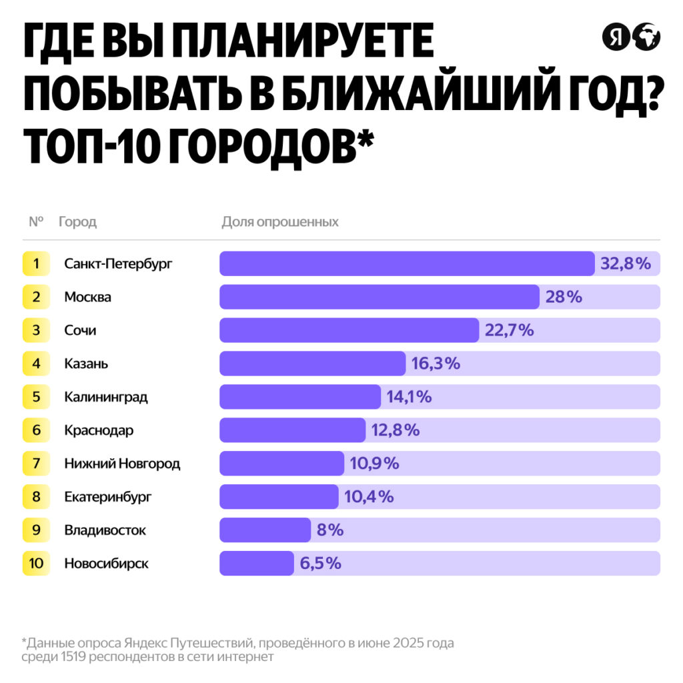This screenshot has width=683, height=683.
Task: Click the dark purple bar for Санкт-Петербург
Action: [x=407, y=263]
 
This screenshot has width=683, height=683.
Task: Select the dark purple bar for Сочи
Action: [x=349, y=330]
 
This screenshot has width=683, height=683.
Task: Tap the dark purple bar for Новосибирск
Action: [x=257, y=564]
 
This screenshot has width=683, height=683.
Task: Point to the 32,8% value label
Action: [x=625, y=263]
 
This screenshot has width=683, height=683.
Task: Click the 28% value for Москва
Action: [x=564, y=297]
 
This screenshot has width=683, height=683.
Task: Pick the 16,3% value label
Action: [x=436, y=364]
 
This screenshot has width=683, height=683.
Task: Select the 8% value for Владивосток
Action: [x=330, y=530]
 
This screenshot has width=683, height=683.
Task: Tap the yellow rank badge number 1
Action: [x=36, y=263]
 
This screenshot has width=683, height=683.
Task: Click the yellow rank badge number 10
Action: [x=36, y=564]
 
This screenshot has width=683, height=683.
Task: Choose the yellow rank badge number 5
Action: [x=36, y=397]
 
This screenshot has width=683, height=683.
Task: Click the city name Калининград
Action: [x=106, y=397]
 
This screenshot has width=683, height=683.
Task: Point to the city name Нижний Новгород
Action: [x=122, y=464]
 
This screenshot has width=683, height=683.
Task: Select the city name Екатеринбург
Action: [x=108, y=497]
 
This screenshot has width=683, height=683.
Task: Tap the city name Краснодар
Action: [x=99, y=430]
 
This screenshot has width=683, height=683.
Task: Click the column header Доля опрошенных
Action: [x=280, y=222]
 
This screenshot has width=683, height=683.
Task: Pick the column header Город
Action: [x=77, y=222]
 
